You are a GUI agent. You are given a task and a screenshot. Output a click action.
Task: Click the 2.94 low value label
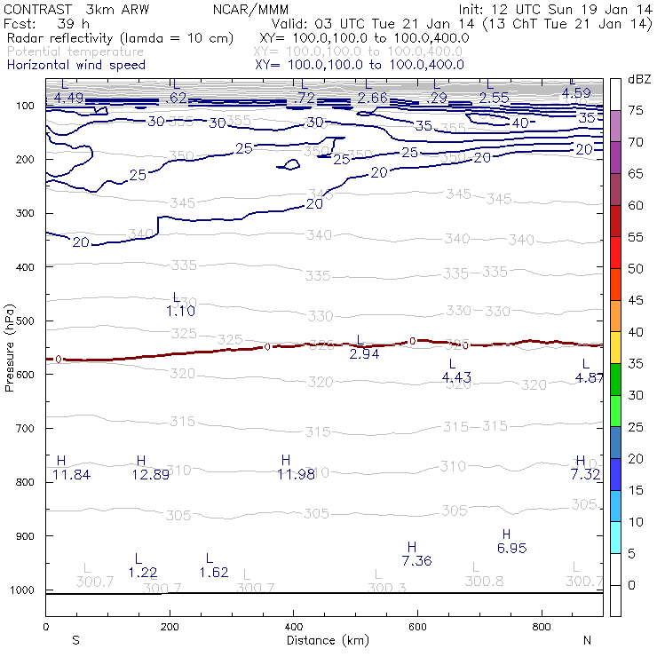(x=365, y=354)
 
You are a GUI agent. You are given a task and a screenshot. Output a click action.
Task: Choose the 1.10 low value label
(x=180, y=311)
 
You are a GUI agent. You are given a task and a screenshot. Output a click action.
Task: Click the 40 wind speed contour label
(x=519, y=123)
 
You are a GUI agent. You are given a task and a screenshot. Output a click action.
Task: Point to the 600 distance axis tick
(x=417, y=627)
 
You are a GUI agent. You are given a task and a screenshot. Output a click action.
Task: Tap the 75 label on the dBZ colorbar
(x=636, y=110)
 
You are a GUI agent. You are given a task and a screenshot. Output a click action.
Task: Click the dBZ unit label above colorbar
(x=639, y=79)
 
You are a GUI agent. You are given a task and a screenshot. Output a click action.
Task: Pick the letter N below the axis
(x=587, y=640)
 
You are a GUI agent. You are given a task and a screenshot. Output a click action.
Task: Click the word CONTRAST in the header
(x=38, y=9)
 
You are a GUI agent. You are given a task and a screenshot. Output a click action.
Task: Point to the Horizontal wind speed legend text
(x=75, y=65)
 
